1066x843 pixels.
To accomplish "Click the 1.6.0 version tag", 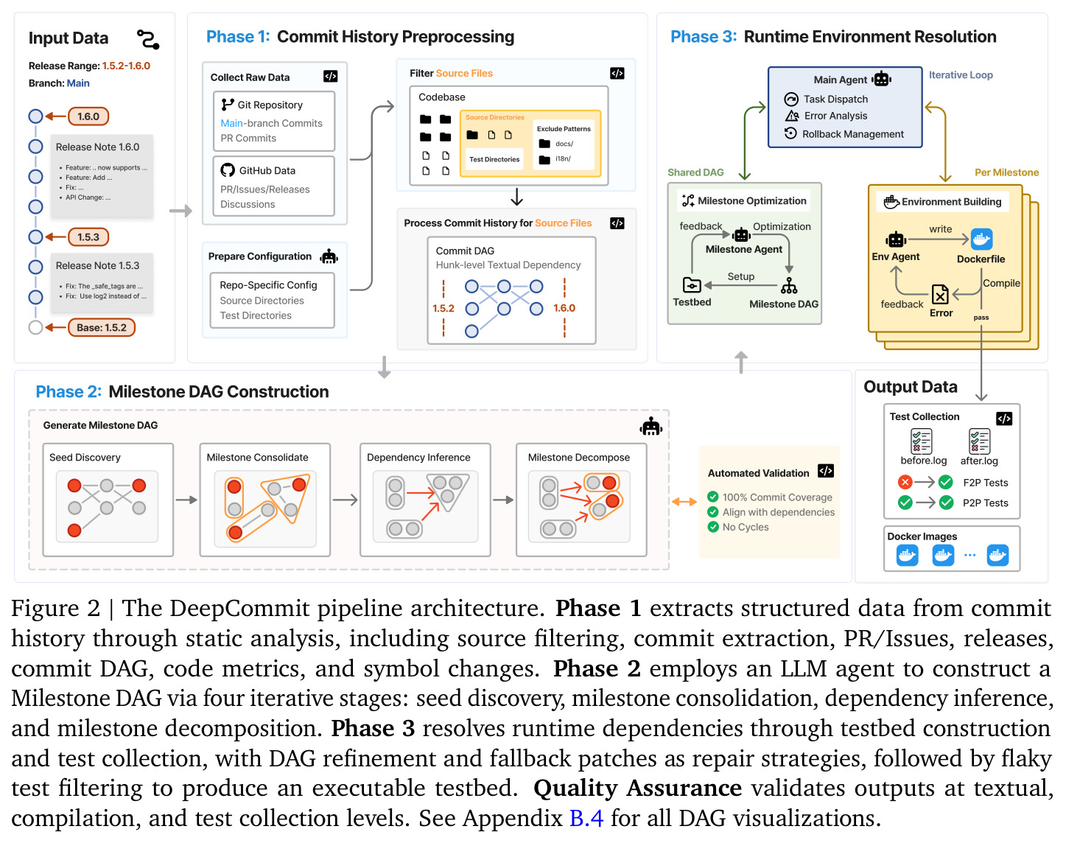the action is click(88, 116).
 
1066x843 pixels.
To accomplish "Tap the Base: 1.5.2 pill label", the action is click(101, 328).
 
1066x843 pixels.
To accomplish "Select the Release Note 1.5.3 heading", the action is click(97, 265).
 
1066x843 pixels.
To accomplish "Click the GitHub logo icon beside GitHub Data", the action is click(228, 170).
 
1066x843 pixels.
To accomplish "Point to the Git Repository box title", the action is click(270, 105).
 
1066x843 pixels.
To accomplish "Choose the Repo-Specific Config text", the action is click(268, 285).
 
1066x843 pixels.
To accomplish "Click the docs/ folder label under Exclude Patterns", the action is click(564, 144).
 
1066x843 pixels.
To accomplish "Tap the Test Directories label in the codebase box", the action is click(494, 159).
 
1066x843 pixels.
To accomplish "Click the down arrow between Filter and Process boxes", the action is click(516, 197).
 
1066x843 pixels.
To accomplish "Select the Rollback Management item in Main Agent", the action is click(852, 134).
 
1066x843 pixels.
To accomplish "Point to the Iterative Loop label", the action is click(961, 75).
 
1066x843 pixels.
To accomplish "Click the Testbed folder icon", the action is click(692, 285).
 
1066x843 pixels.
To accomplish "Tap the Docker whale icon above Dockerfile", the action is click(981, 239).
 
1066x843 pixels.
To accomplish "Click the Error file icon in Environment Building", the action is click(940, 294).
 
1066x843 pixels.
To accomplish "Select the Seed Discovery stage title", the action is click(85, 458).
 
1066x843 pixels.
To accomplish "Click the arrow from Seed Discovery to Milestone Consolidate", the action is click(186, 500).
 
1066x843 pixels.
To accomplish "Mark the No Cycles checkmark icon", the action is click(713, 527).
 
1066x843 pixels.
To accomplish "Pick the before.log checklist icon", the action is click(922, 441).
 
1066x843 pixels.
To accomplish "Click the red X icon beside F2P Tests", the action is click(905, 482).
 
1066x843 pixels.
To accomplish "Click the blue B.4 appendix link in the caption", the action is click(586, 818).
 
